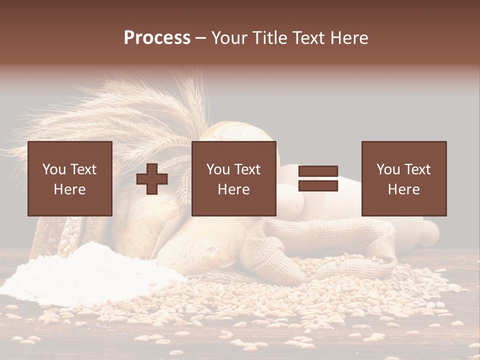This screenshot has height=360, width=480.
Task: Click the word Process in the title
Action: [x=157, y=38]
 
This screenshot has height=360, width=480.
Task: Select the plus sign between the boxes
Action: [x=152, y=178]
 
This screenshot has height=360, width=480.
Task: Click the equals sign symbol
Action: [x=318, y=178]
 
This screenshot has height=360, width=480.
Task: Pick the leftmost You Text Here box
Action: [x=69, y=178]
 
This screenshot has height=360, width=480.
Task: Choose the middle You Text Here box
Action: [x=233, y=178]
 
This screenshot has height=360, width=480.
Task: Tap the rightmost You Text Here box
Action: [x=403, y=178]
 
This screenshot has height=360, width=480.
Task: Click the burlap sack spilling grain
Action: [x=310, y=245]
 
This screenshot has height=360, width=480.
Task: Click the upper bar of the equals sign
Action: [x=318, y=171]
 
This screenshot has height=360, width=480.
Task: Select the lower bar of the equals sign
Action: [x=318, y=186]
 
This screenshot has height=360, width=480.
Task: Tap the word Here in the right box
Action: [x=403, y=189]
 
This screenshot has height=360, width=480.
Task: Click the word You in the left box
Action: [x=54, y=169]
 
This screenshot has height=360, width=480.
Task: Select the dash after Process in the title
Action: [x=201, y=38]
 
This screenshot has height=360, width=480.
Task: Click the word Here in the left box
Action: [x=69, y=189]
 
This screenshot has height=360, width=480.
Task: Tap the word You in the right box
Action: [x=388, y=169]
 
